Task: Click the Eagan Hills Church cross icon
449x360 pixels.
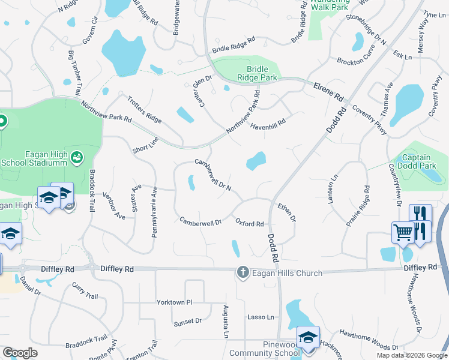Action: [243, 272]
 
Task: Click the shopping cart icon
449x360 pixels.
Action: [402, 232]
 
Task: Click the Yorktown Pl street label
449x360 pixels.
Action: [174, 302]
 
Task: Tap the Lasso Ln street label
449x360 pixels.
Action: [261, 317]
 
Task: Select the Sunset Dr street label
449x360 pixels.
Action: [188, 322]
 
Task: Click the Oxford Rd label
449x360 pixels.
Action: [250, 224]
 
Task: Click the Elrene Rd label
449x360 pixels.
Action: [328, 92]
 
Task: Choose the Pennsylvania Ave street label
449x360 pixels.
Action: [154, 212]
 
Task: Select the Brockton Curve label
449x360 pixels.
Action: [355, 61]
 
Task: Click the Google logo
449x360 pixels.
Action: [20, 353]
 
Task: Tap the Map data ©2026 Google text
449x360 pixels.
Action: [412, 355]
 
